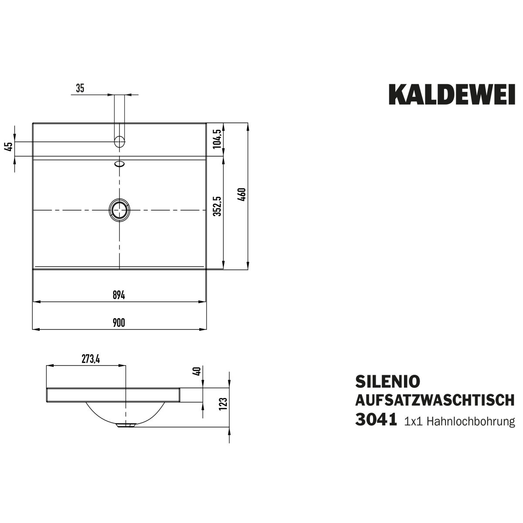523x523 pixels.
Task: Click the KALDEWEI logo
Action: click(452, 95)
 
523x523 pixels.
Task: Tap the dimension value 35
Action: click(80, 88)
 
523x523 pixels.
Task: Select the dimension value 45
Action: click(9, 147)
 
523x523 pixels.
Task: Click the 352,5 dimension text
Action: click(217, 206)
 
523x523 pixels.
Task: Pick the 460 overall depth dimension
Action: click(242, 194)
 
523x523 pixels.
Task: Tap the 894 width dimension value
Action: click(119, 295)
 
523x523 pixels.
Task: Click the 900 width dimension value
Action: click(119, 323)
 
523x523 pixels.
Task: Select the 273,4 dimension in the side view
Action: click(91, 360)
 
